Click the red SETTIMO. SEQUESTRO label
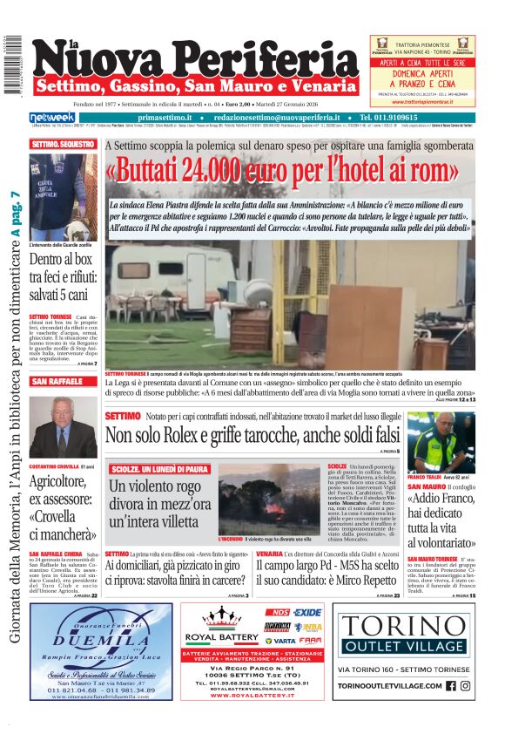click(x=64, y=144)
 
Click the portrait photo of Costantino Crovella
click(x=63, y=428)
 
